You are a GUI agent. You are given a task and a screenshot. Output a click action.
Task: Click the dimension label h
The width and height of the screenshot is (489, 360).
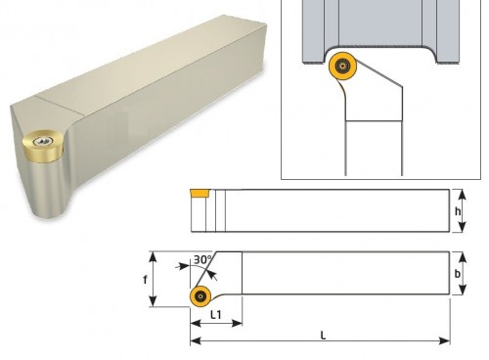pos(458,211)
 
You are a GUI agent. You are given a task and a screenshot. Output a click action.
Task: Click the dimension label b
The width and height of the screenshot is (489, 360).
pos(458,274)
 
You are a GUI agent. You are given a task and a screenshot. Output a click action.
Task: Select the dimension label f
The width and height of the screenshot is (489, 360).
pos(145,280)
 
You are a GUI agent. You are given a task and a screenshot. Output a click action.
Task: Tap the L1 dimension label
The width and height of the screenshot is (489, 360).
pos(216,315)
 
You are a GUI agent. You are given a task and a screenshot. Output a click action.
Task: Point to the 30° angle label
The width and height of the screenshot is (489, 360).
pos(202,259)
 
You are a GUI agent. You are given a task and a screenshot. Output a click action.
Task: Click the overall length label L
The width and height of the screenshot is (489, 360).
pos(323,336)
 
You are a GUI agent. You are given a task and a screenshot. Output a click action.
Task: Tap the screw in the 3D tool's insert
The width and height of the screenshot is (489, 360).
pos(43,141)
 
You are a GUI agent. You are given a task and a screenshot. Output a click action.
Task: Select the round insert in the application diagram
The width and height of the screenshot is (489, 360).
pos(342,66)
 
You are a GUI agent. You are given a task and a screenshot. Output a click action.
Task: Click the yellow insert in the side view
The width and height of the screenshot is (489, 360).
pos(200,193)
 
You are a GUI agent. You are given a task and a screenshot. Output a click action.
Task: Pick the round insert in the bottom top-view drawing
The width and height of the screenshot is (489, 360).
pos(200,296)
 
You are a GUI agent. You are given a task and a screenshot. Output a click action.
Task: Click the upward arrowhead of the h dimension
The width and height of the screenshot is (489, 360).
pos(463,195)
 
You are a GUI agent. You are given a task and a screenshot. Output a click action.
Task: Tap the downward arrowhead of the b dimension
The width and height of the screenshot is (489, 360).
pos(463,290)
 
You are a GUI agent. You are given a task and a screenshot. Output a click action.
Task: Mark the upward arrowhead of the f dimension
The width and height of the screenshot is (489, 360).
pos(154,256)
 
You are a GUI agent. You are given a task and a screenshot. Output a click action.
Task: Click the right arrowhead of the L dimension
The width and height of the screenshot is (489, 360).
pos(445,341)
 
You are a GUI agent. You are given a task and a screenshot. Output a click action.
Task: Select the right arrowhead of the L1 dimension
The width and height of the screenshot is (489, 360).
pos(237,323)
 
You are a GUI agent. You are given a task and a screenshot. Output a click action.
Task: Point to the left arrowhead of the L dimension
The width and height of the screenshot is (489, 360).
pos(196,341)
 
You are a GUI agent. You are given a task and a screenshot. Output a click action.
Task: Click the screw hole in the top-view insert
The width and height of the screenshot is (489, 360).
pos(200,296)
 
